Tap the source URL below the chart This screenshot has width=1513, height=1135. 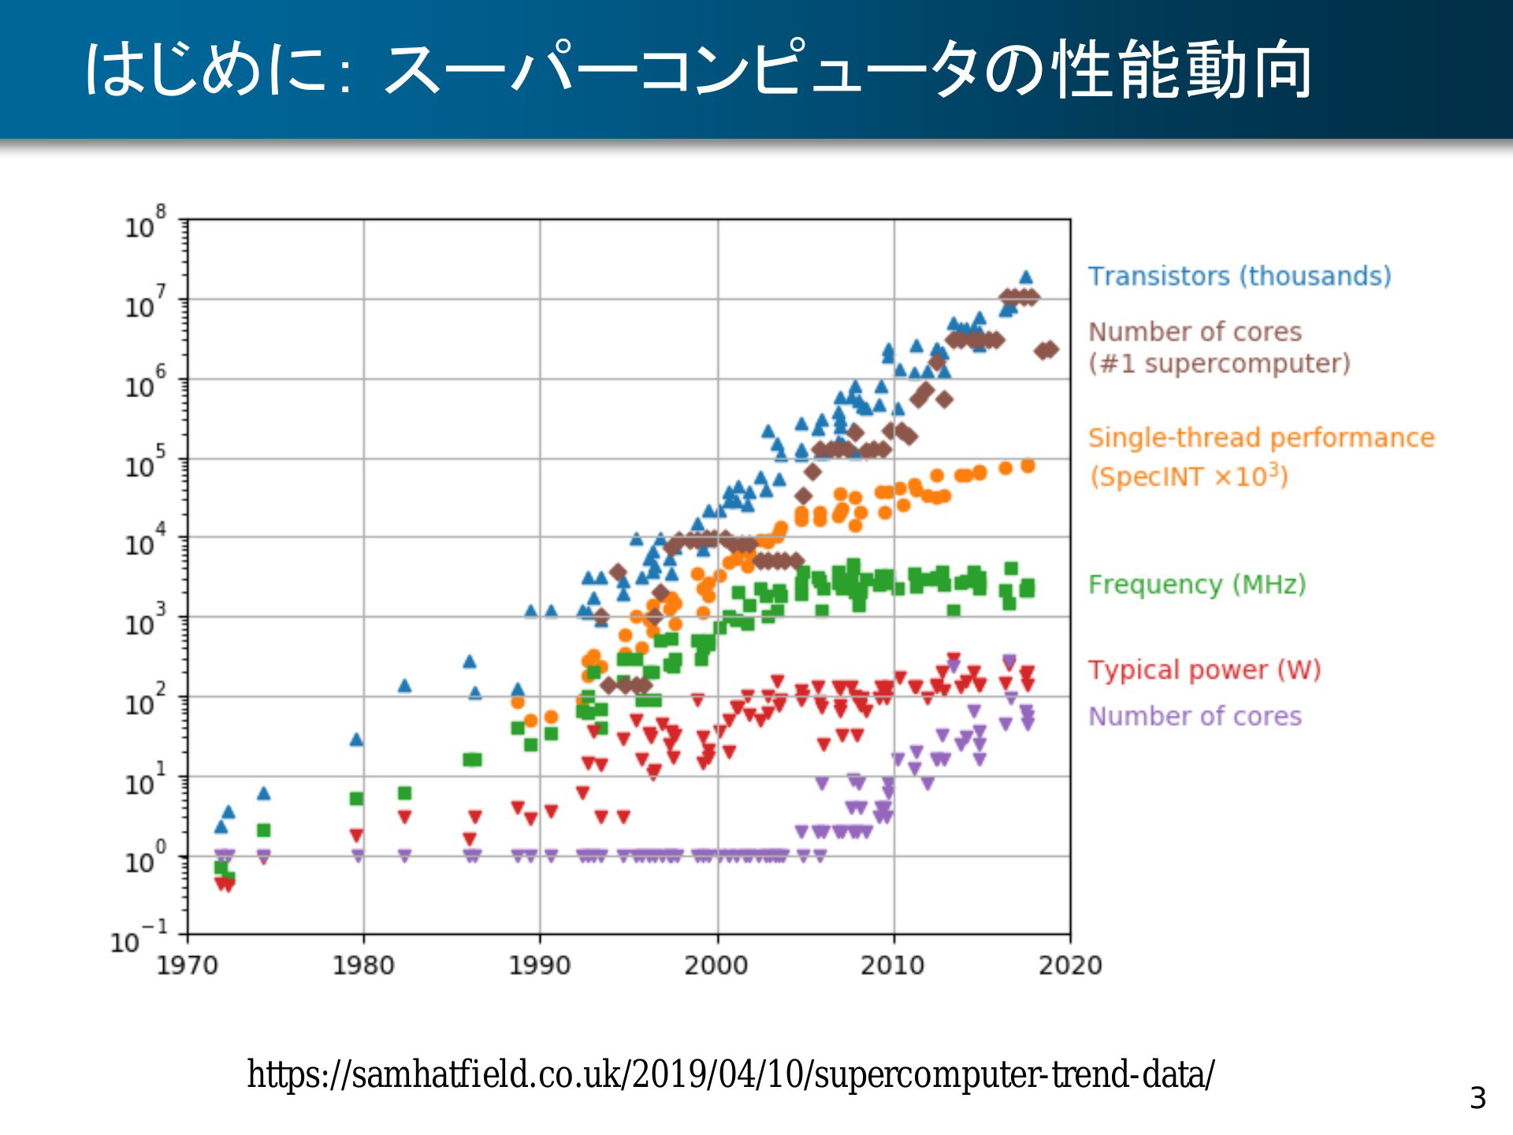[730, 1074]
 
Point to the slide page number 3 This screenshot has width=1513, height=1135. [1478, 1098]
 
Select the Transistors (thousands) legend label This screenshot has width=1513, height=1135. [1240, 276]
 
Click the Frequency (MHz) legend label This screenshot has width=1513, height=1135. [1197, 584]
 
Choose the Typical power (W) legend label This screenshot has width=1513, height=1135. [1204, 670]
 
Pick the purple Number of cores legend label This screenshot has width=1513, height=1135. [1195, 716]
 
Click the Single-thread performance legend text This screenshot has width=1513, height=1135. [1261, 437]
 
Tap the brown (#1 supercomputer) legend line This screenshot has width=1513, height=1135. [1219, 363]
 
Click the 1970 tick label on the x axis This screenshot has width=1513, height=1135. [187, 965]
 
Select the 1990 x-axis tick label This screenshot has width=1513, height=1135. [540, 965]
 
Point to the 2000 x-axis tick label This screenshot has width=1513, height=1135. [716, 965]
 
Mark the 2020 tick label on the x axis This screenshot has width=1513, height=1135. [1070, 965]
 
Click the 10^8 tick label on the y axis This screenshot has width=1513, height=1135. [146, 223]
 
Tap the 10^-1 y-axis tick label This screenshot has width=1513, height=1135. [139, 937]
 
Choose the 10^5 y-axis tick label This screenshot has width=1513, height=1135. [146, 463]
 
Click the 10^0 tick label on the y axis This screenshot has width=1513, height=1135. [146, 858]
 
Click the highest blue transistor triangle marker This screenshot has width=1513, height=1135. [1025, 277]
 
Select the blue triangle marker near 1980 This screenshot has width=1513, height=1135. [356, 739]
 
